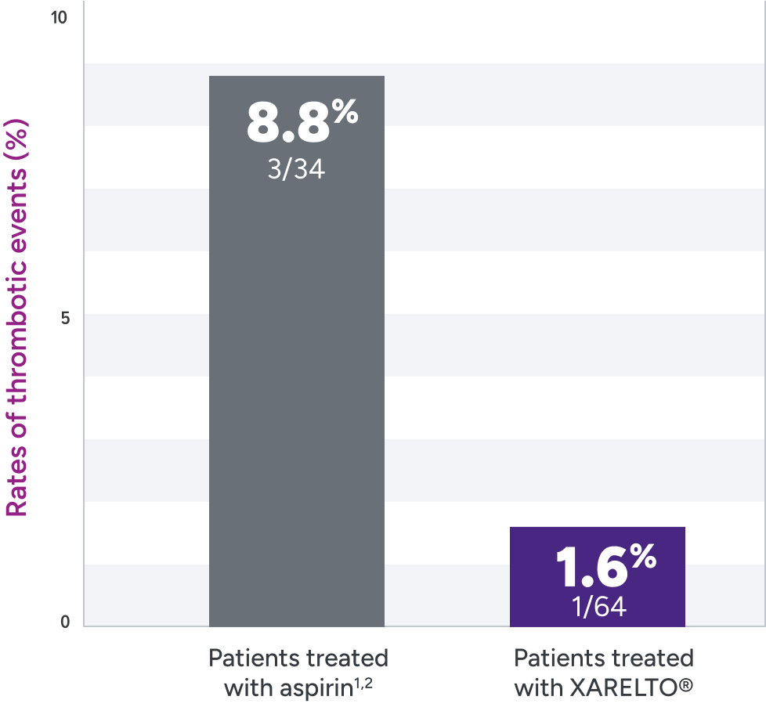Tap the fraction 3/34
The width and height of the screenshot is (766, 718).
(x=296, y=169)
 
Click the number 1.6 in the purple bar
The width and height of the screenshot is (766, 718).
(x=591, y=568)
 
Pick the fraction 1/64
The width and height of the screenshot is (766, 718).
(x=599, y=607)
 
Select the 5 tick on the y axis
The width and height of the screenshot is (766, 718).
(x=65, y=318)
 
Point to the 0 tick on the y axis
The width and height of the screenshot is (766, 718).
(x=65, y=622)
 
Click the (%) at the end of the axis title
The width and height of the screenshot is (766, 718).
(x=17, y=135)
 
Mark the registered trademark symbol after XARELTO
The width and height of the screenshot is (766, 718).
(x=687, y=687)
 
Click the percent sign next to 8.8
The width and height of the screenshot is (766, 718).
(x=344, y=114)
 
